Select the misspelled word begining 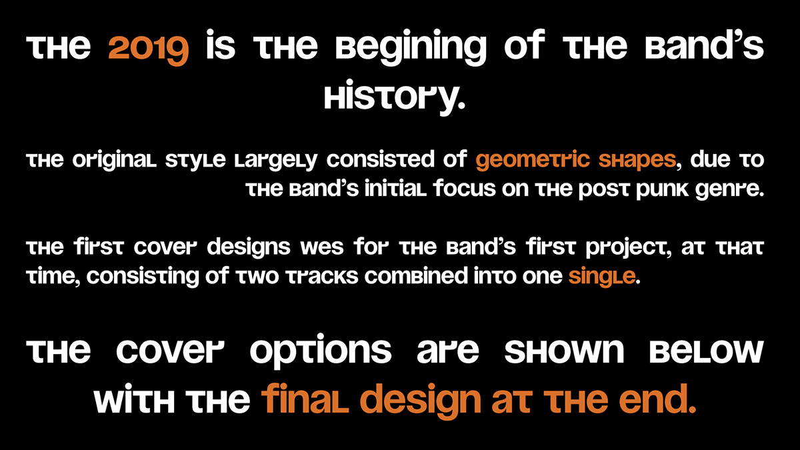[411, 47]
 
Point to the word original [114, 161]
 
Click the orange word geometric [533, 161]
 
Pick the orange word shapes [637, 161]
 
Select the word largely [276, 161]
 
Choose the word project [628, 248]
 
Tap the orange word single [602, 277]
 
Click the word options [321, 351]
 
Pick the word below [707, 351]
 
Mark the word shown [564, 351]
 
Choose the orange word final [305, 399]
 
